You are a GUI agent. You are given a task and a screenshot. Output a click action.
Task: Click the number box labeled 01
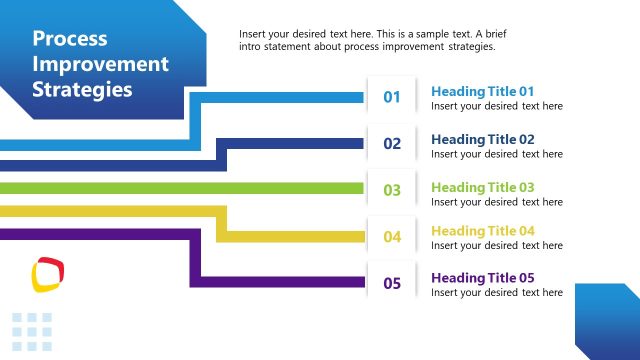(x=392, y=97)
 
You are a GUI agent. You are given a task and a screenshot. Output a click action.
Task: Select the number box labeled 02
(x=392, y=144)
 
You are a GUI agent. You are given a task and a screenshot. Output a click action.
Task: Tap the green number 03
(x=392, y=190)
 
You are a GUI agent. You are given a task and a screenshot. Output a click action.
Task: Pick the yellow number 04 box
(x=392, y=237)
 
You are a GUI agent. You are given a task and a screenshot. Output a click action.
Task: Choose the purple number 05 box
(x=392, y=283)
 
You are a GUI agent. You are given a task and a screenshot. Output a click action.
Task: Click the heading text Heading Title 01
(x=483, y=91)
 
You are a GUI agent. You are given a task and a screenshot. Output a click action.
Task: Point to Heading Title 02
(x=483, y=139)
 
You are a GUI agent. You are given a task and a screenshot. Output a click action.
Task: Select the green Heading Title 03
(x=483, y=187)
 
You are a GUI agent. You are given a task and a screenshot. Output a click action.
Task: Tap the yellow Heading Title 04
(x=483, y=231)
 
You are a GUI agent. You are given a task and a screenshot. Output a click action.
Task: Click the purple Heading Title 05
(x=483, y=278)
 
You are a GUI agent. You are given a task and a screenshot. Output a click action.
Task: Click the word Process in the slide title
(x=70, y=39)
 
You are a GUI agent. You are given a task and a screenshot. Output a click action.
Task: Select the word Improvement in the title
(x=101, y=64)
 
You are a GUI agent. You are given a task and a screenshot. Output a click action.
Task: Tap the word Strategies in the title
(x=82, y=89)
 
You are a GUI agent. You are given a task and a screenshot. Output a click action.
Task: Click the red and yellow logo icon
(x=47, y=273)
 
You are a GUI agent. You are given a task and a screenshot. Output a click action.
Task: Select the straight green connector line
(x=180, y=188)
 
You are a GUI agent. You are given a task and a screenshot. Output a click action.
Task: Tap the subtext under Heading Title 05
(x=497, y=293)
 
